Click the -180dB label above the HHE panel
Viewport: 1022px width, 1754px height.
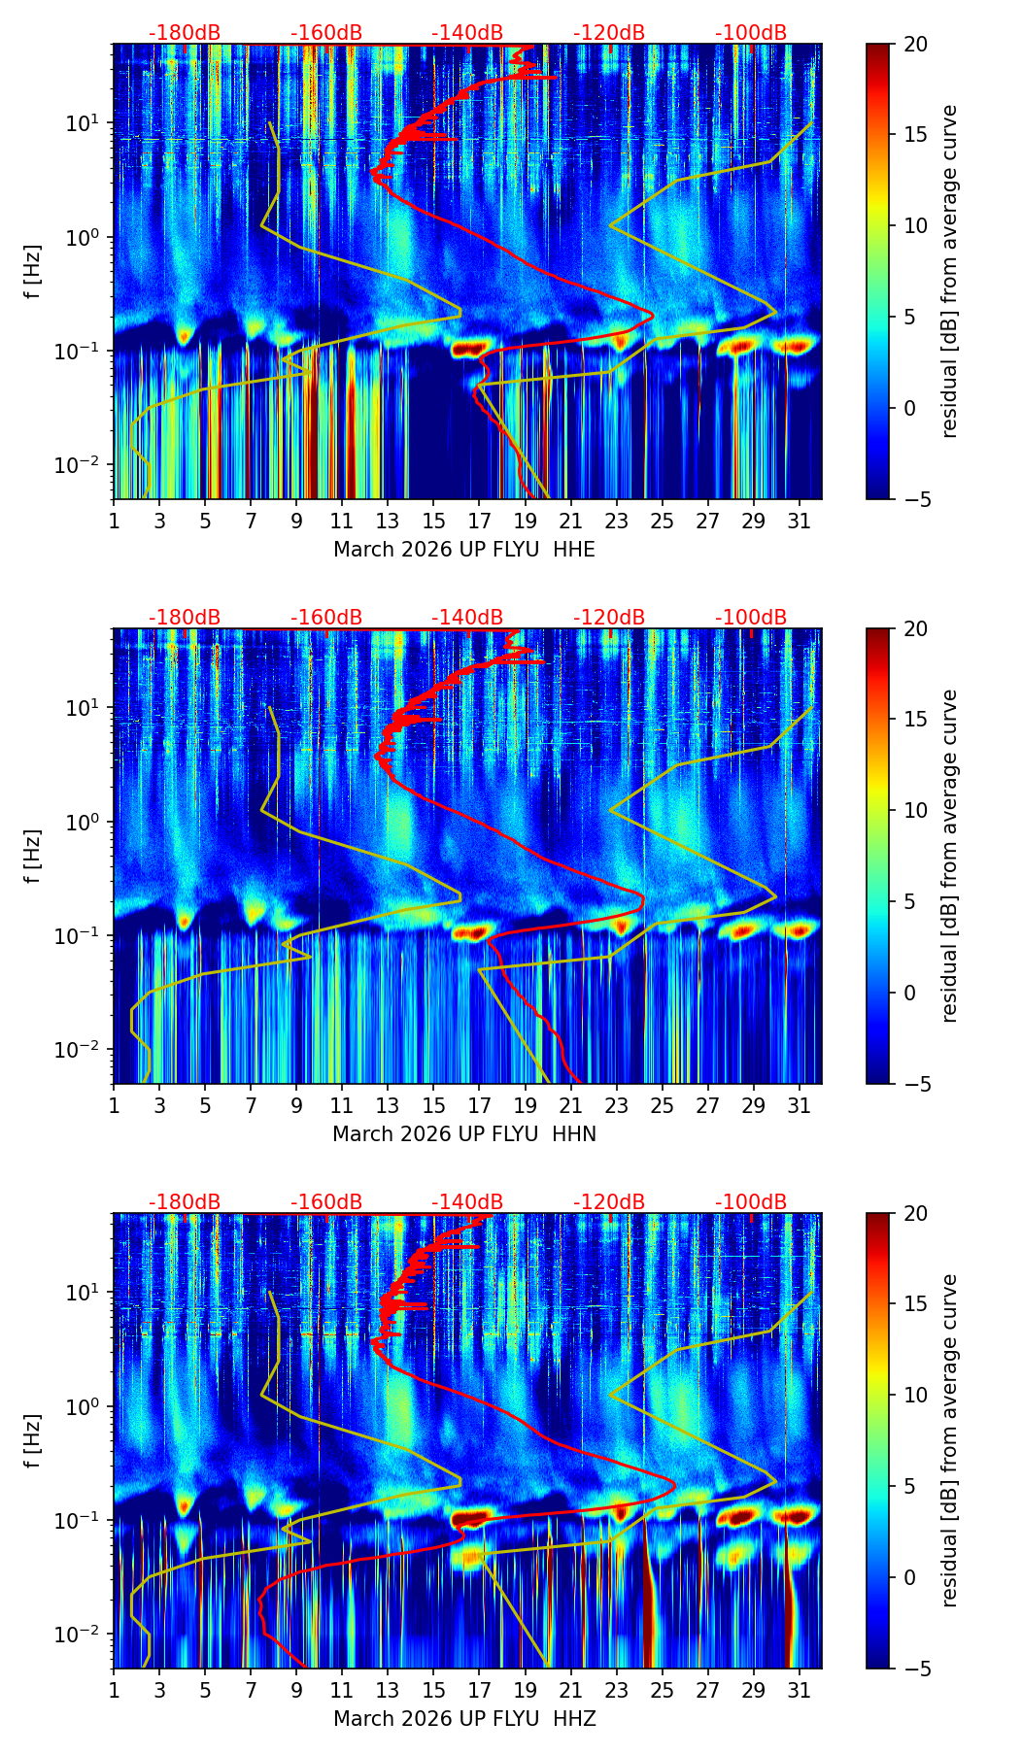(185, 33)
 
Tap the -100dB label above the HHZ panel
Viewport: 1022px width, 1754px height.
(751, 1202)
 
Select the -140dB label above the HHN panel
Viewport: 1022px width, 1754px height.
(467, 618)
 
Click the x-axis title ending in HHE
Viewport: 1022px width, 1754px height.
(463, 550)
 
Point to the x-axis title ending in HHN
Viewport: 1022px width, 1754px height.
(463, 1134)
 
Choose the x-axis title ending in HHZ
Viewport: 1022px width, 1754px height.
(463, 1719)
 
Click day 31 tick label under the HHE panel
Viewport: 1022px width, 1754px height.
(799, 521)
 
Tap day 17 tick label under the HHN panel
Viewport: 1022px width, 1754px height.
(479, 1105)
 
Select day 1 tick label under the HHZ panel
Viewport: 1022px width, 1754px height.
(114, 1690)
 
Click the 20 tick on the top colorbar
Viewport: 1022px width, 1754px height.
(915, 44)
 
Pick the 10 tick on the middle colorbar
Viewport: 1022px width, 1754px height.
(915, 810)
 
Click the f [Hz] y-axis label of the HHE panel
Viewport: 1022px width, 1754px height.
(33, 272)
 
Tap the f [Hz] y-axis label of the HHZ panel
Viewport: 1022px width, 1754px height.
(33, 1441)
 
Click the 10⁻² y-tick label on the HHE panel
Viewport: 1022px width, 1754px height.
(83, 465)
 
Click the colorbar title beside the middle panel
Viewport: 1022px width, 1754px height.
(949, 856)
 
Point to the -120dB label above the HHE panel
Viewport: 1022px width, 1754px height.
(609, 33)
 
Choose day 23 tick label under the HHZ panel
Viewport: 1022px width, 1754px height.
(616, 1690)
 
